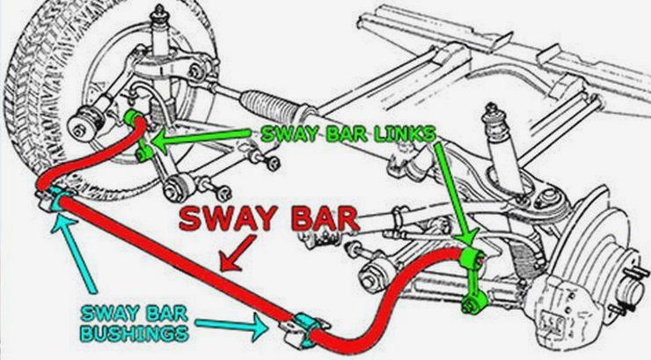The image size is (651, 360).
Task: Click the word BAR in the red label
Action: [325, 218]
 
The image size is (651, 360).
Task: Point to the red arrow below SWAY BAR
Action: [238, 253]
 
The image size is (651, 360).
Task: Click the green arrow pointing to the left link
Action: [201, 137]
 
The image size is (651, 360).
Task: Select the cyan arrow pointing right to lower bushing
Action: [231, 326]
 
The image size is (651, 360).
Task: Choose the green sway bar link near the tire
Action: [141, 137]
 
